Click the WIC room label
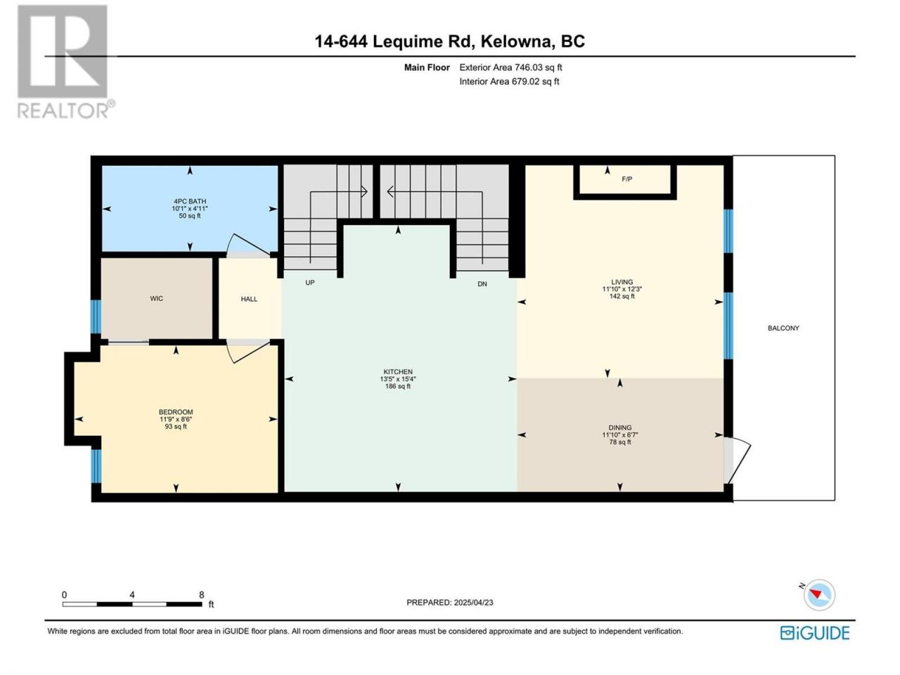156,299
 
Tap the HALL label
249,300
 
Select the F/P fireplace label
626,179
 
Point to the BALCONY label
783,328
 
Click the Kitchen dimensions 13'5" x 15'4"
398,379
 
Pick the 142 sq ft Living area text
622,296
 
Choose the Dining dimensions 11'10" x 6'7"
619,435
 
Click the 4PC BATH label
190,201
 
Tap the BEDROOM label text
176,412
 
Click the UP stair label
310,283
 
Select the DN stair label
482,283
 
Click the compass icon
819,595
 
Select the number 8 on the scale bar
201,595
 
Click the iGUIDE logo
815,633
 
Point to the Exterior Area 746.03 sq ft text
510,67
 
